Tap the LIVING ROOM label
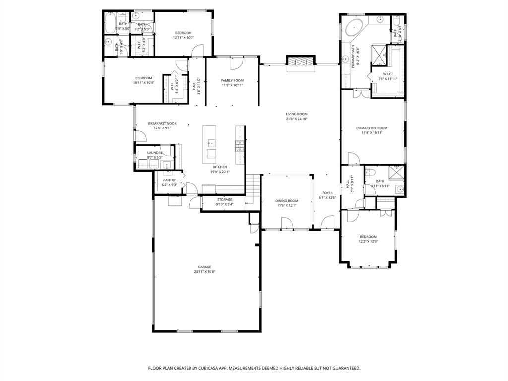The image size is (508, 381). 297,114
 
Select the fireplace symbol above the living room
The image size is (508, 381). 300,62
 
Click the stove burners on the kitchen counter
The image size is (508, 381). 239,146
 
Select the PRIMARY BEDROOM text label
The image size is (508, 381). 372,128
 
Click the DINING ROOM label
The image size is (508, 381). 287,201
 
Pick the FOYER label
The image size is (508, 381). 327,193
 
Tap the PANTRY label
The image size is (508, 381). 169,180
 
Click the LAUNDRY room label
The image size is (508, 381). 155,153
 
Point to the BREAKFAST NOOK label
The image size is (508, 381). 162,123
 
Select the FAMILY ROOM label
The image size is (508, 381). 232,80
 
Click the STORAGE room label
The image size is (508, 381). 224,199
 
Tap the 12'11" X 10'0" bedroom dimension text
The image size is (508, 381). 183,38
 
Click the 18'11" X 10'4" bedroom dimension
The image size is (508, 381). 144,83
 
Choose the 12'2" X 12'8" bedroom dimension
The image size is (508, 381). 368,242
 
